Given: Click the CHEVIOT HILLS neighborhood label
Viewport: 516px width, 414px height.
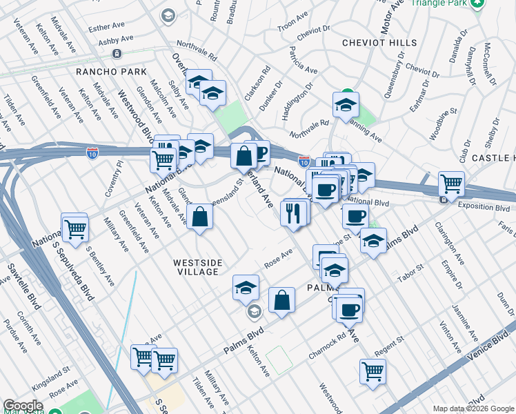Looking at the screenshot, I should click(x=379, y=43).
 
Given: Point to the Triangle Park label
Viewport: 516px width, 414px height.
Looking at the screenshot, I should click(x=439, y=3).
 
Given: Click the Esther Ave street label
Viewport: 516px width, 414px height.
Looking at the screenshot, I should click(x=106, y=28).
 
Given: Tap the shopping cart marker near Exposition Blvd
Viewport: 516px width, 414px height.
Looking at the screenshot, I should click(x=451, y=184).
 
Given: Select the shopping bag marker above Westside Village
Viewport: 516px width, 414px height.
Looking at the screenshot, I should click(x=199, y=217).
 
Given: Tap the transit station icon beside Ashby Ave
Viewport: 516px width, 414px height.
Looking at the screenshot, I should click(x=117, y=53).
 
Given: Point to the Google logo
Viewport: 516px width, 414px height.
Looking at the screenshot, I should click(x=23, y=406).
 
